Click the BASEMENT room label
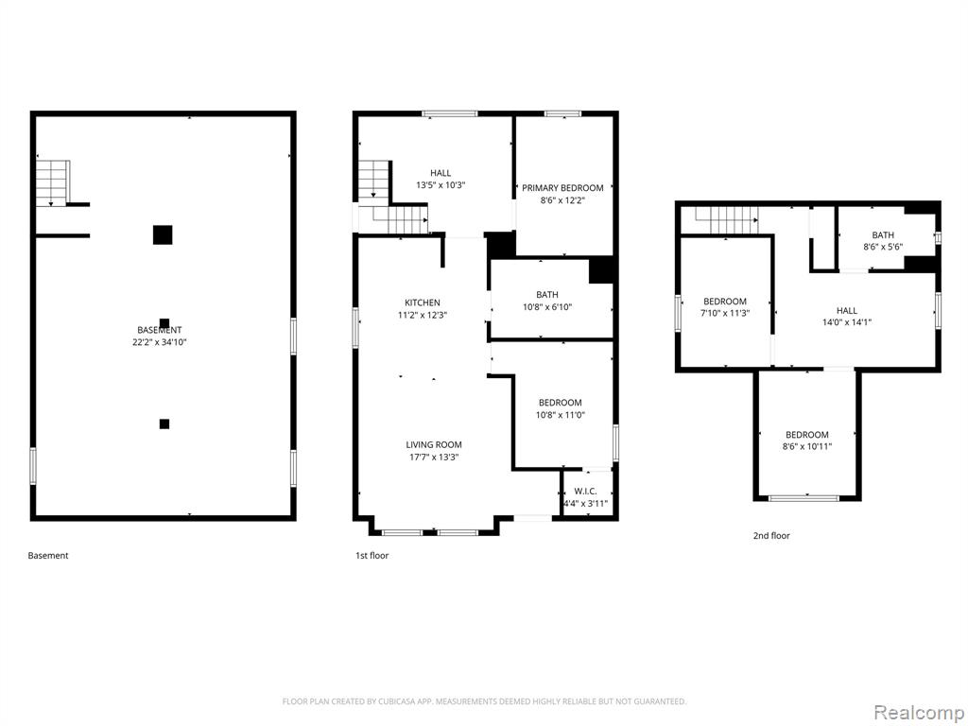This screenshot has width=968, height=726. click(159, 330)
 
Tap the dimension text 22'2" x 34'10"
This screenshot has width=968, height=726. click(159, 342)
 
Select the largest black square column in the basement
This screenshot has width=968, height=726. click(163, 235)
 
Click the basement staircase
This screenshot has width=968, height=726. click(53, 182)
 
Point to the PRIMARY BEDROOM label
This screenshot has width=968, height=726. click(562, 188)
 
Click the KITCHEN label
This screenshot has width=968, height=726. click(423, 302)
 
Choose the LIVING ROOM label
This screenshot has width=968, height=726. click(433, 444)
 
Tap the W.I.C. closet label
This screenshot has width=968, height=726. click(585, 492)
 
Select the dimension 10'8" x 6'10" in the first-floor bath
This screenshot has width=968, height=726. click(547, 307)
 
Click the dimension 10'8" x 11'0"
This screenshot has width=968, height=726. click(560, 415)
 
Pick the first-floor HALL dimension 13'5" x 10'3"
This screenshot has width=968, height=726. click(441, 184)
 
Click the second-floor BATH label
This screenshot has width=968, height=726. click(883, 235)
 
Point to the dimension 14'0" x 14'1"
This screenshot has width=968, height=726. click(846, 322)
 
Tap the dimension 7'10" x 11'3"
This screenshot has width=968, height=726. click(725, 313)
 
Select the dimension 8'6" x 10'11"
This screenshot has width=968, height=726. click(807, 446)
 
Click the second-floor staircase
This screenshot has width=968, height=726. click(727, 220)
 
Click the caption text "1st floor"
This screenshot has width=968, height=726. click(372, 556)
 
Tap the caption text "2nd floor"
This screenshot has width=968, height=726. click(771, 536)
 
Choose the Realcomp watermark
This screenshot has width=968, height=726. click(919, 712)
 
